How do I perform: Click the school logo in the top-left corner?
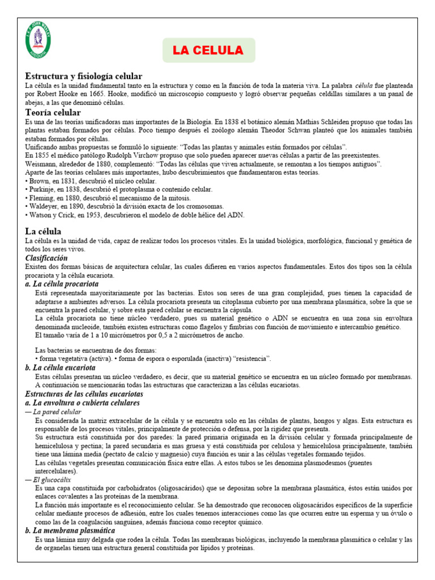point(39,40)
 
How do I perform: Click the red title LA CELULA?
point(208,50)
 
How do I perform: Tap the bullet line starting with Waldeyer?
point(125,206)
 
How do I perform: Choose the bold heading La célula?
point(44,231)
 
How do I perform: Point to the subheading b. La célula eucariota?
point(61,368)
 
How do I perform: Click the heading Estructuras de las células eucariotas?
point(84,394)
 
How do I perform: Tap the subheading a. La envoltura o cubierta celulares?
point(83,403)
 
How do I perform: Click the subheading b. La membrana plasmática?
point(70,531)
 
